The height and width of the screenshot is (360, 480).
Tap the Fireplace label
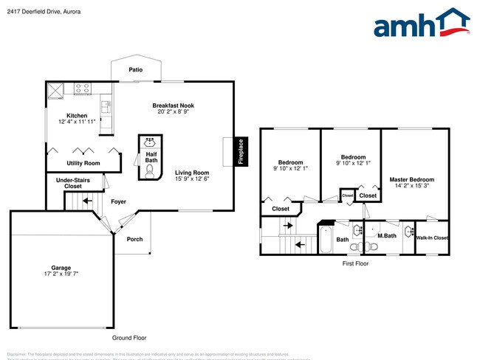[241, 152]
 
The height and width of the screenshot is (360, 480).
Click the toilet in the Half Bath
[150, 170]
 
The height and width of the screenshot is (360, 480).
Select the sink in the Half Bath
[150, 141]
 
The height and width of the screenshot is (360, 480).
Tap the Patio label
[135, 70]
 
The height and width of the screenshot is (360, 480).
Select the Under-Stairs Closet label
[73, 183]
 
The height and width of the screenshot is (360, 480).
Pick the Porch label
[134, 239]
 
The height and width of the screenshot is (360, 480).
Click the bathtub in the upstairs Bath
[326, 239]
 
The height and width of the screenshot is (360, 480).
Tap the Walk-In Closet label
[432, 238]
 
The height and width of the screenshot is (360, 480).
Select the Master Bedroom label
[411, 179]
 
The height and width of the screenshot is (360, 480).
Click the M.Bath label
[387, 235]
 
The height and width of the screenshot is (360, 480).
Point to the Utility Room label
[83, 162]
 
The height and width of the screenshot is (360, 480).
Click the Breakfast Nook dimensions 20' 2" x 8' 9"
[173, 112]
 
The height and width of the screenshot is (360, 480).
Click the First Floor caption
[354, 263]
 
